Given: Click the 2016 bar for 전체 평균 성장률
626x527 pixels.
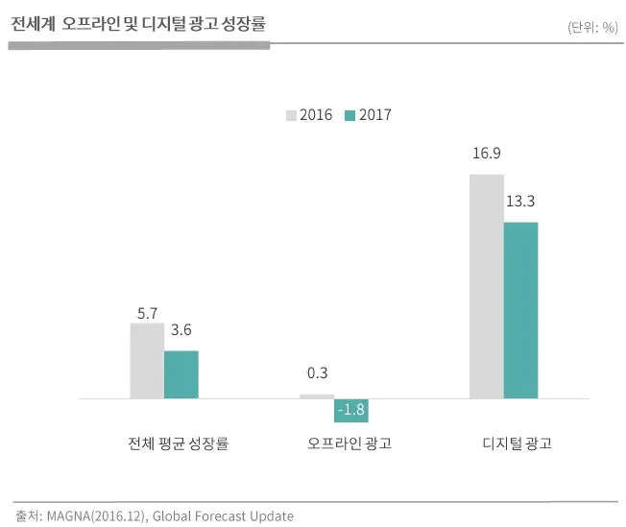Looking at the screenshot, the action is point(147,361).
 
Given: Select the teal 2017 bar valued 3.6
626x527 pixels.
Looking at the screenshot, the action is point(181,374).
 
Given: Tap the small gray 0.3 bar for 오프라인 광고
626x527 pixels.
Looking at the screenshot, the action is point(317,396).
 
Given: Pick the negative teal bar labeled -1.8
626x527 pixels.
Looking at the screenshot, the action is point(351,411).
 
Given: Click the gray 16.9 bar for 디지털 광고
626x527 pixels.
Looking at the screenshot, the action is point(487,286).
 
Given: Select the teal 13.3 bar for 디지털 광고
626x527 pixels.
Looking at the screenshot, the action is point(521,310).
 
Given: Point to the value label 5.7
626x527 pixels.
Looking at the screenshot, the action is point(147,313).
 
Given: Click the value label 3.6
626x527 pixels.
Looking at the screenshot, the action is point(181,330).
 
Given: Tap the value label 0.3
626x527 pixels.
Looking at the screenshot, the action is point(318,372).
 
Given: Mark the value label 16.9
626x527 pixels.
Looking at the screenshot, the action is point(487,153).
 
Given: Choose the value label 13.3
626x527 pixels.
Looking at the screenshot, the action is point(520,201).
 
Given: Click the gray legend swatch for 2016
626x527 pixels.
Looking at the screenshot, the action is point(291,115).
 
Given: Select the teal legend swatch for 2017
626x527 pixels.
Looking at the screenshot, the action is point(349,115).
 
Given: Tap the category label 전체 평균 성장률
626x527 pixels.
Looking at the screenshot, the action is point(178,443).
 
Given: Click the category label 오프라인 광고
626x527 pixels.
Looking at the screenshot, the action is point(349,443).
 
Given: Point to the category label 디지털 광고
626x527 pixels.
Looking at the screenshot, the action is point(518,443).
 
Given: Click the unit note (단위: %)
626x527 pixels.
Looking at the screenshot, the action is point(592,28).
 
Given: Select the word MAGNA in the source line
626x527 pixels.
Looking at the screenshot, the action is point(69,515).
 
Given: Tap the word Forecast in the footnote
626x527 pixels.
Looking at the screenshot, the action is point(221,515).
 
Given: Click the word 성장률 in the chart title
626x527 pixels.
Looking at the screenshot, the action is point(244,24).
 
